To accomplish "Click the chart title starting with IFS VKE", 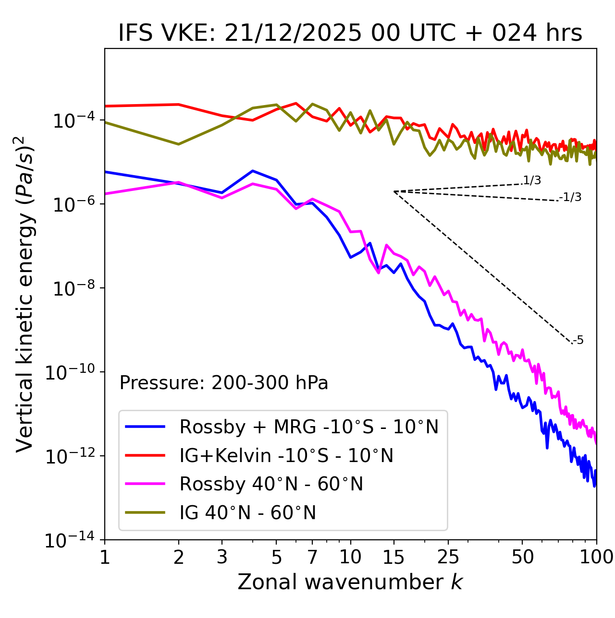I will tap(350, 34).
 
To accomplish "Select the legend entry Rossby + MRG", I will tap(309, 427).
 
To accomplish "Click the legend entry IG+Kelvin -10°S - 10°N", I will tap(286, 455).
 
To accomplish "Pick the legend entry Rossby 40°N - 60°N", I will tap(271, 484).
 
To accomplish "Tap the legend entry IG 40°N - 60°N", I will tap(247, 513).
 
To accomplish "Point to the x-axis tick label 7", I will tap(312, 557).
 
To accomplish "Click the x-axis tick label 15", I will tap(394, 557).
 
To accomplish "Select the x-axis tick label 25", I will tap(448, 557).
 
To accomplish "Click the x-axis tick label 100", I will tap(596, 557).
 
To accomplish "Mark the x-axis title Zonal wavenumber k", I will tap(350, 582).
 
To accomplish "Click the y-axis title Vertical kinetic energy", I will tap(25, 294).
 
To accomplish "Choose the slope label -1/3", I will tap(570, 197).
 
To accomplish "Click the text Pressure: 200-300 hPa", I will tap(224, 383).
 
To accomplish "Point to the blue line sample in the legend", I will tap(145, 427).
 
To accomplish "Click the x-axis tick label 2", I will tap(179, 557).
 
